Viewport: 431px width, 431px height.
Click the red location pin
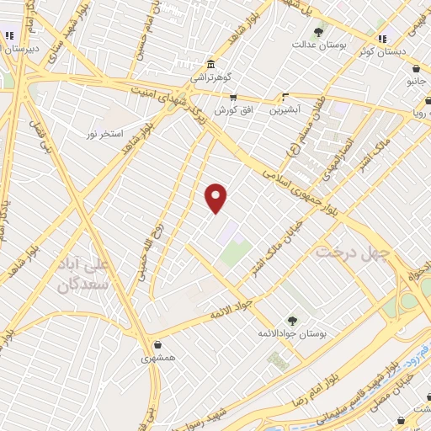[216, 197]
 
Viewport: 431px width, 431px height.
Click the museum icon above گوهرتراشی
[210, 65]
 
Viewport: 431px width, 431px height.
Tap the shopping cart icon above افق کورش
[232, 97]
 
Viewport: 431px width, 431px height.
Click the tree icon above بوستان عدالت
[318, 32]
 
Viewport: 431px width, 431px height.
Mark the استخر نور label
[108, 134]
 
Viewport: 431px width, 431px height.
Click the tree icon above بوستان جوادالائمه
[291, 320]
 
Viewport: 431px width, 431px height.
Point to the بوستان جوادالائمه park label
[292, 333]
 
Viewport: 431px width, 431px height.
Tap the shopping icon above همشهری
[157, 343]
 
